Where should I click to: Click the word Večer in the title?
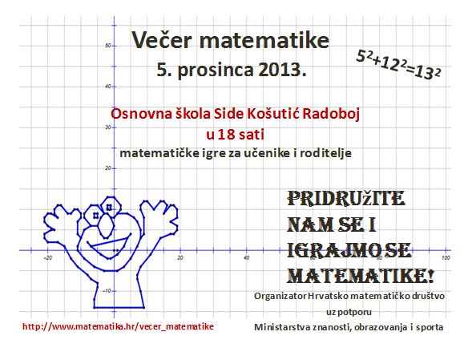(x=162, y=39)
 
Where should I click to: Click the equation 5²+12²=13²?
(x=398, y=64)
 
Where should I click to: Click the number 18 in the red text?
(x=226, y=135)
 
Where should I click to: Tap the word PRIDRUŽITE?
(x=346, y=199)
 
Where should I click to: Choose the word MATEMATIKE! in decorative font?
(x=361, y=277)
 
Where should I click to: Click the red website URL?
(x=118, y=326)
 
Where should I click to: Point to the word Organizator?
(x=280, y=296)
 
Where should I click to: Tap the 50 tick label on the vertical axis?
(x=107, y=46)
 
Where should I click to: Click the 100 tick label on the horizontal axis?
(x=446, y=258)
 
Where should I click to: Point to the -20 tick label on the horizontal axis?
(x=47, y=258)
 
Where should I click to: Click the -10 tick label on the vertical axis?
(x=107, y=291)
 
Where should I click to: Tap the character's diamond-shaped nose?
(x=106, y=225)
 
